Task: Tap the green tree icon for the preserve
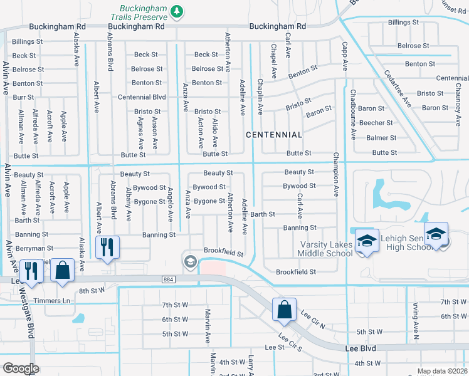[x=177, y=11]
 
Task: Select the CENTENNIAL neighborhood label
[x=274, y=135]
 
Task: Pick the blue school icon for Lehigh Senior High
[x=436, y=234]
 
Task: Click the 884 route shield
[x=168, y=279]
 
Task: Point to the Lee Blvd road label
[x=360, y=347]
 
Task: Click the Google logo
[x=21, y=368]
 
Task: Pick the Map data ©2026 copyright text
[x=442, y=371]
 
